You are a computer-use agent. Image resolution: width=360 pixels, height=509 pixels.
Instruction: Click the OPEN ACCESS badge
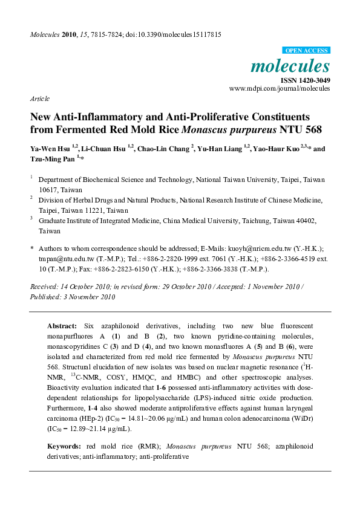coord(306,51)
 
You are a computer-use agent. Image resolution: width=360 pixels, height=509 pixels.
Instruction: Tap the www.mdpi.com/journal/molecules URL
coord(280,88)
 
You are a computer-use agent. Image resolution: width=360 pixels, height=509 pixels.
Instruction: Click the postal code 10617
coord(49,189)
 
